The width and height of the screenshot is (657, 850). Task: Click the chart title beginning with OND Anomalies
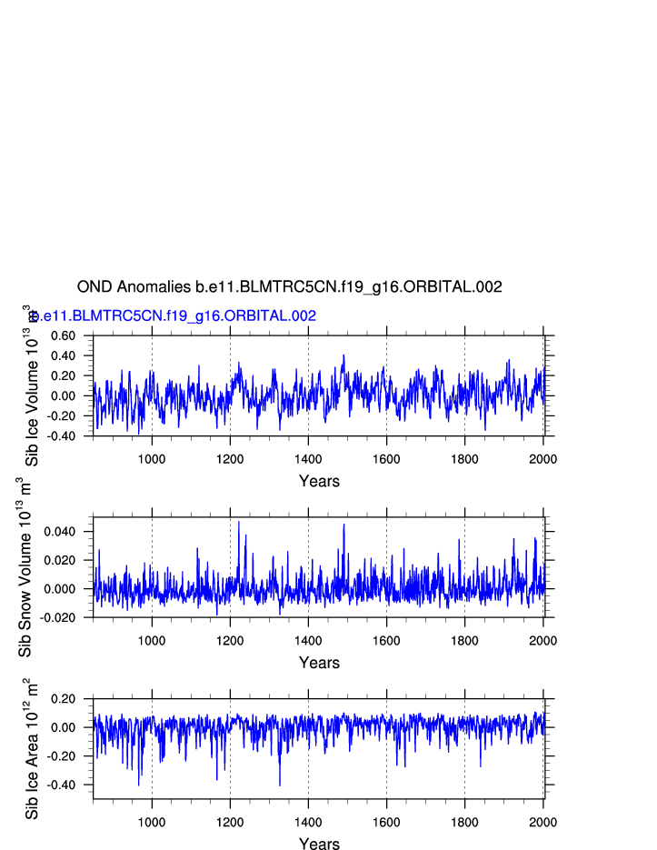click(x=289, y=287)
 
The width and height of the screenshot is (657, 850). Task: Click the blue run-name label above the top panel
click(x=173, y=316)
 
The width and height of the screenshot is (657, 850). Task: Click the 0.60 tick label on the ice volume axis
click(x=63, y=336)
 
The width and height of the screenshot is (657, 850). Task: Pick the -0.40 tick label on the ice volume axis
click(x=61, y=436)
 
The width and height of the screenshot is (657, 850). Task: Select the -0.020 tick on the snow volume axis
click(x=59, y=618)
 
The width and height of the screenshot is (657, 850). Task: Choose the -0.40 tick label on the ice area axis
click(x=61, y=785)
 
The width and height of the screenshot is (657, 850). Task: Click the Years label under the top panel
click(x=319, y=482)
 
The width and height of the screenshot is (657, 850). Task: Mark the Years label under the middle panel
click(x=319, y=664)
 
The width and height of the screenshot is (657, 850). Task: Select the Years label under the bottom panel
click(x=319, y=845)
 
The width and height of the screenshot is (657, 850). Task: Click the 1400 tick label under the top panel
click(x=308, y=459)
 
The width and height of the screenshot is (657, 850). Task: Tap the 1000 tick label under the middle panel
click(x=152, y=641)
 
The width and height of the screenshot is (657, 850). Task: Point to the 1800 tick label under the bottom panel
click(x=464, y=822)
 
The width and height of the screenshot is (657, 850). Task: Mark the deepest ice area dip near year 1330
click(x=280, y=785)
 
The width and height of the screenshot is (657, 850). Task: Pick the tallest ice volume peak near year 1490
click(x=343, y=355)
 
